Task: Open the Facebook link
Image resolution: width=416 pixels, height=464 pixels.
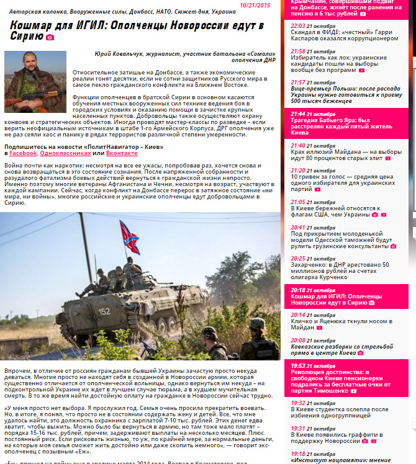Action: pyautogui.click(x=24, y=153)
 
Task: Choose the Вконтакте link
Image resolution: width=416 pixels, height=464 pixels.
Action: pyautogui.click(x=122, y=153)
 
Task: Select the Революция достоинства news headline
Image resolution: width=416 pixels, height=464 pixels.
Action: pyautogui.click(x=343, y=381)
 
